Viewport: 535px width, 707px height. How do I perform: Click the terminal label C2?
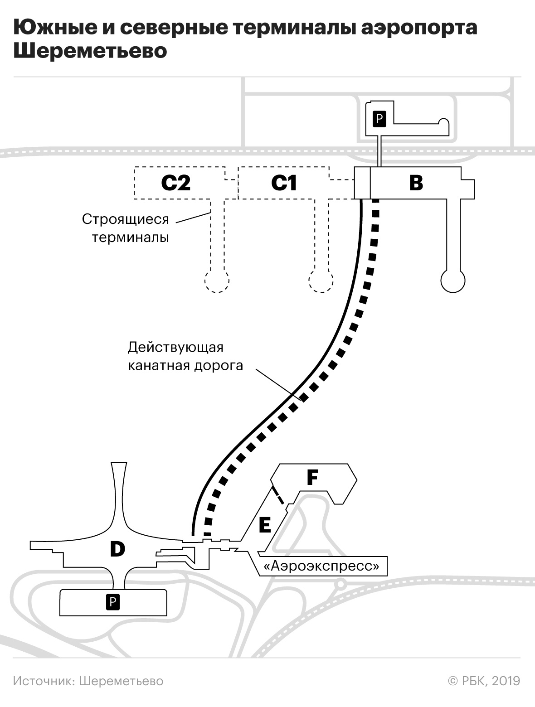click(x=176, y=183)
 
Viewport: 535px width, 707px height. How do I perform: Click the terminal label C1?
click(x=284, y=183)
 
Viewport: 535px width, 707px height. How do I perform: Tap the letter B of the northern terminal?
click(x=416, y=183)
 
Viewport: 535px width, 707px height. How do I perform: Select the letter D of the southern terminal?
click(x=117, y=549)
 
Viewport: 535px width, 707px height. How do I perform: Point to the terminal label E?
click(x=264, y=525)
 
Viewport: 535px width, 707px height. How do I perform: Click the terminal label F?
click(x=312, y=477)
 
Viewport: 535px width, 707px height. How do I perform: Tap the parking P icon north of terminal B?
click(x=379, y=119)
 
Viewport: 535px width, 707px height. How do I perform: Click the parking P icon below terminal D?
click(x=112, y=602)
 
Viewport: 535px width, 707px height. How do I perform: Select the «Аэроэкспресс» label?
click(x=321, y=566)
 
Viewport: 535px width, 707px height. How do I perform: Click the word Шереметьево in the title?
click(x=90, y=51)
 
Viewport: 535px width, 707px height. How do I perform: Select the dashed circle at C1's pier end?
click(x=321, y=281)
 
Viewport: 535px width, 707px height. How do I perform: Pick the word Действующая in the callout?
click(x=175, y=347)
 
